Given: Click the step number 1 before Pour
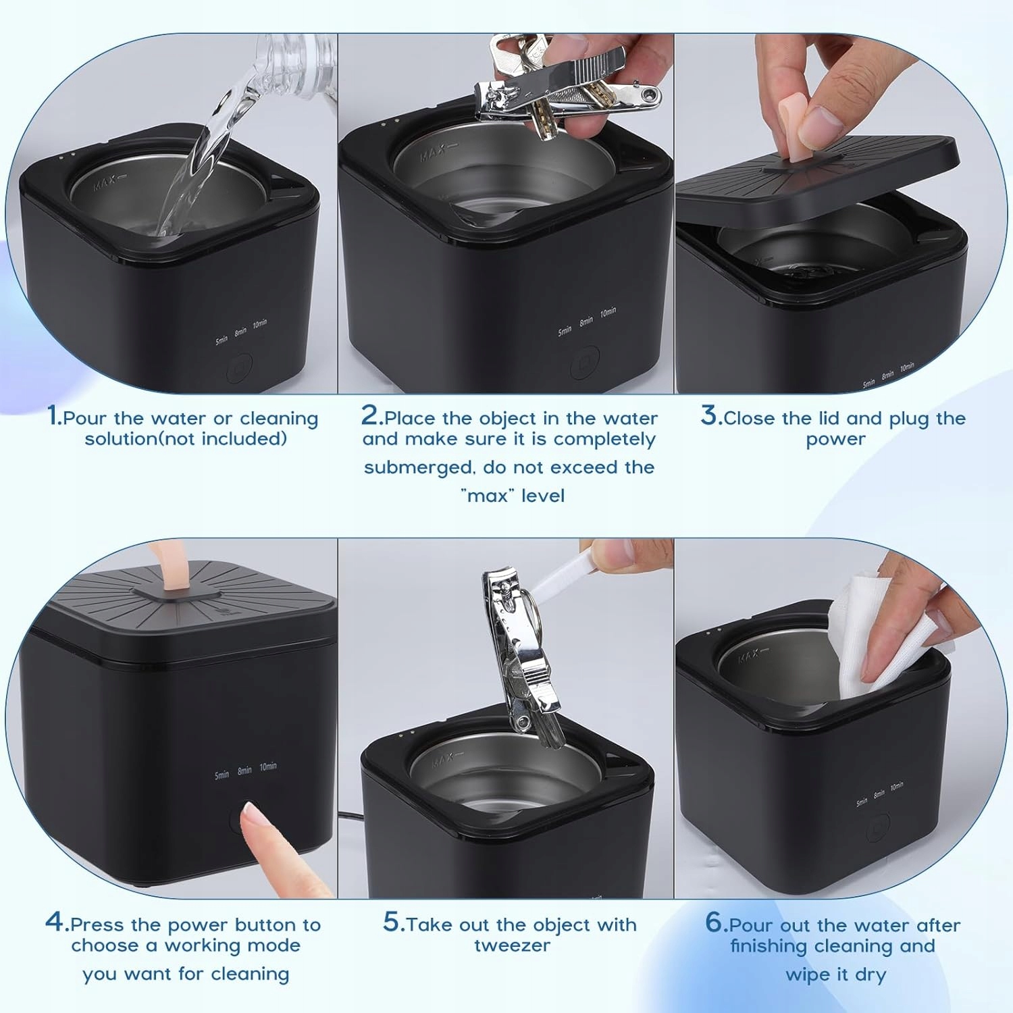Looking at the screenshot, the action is coord(53,415).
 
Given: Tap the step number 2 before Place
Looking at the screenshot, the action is coord(370,415).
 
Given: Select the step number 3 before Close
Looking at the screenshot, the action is coord(708,415).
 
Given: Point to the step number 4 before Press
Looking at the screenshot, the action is coord(55,921).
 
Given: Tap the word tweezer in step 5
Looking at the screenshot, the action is coord(513,945).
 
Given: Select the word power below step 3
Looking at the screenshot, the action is coord(835,440).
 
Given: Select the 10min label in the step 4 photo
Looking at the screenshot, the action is coord(268,767).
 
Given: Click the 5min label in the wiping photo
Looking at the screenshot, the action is coord(862,802).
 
